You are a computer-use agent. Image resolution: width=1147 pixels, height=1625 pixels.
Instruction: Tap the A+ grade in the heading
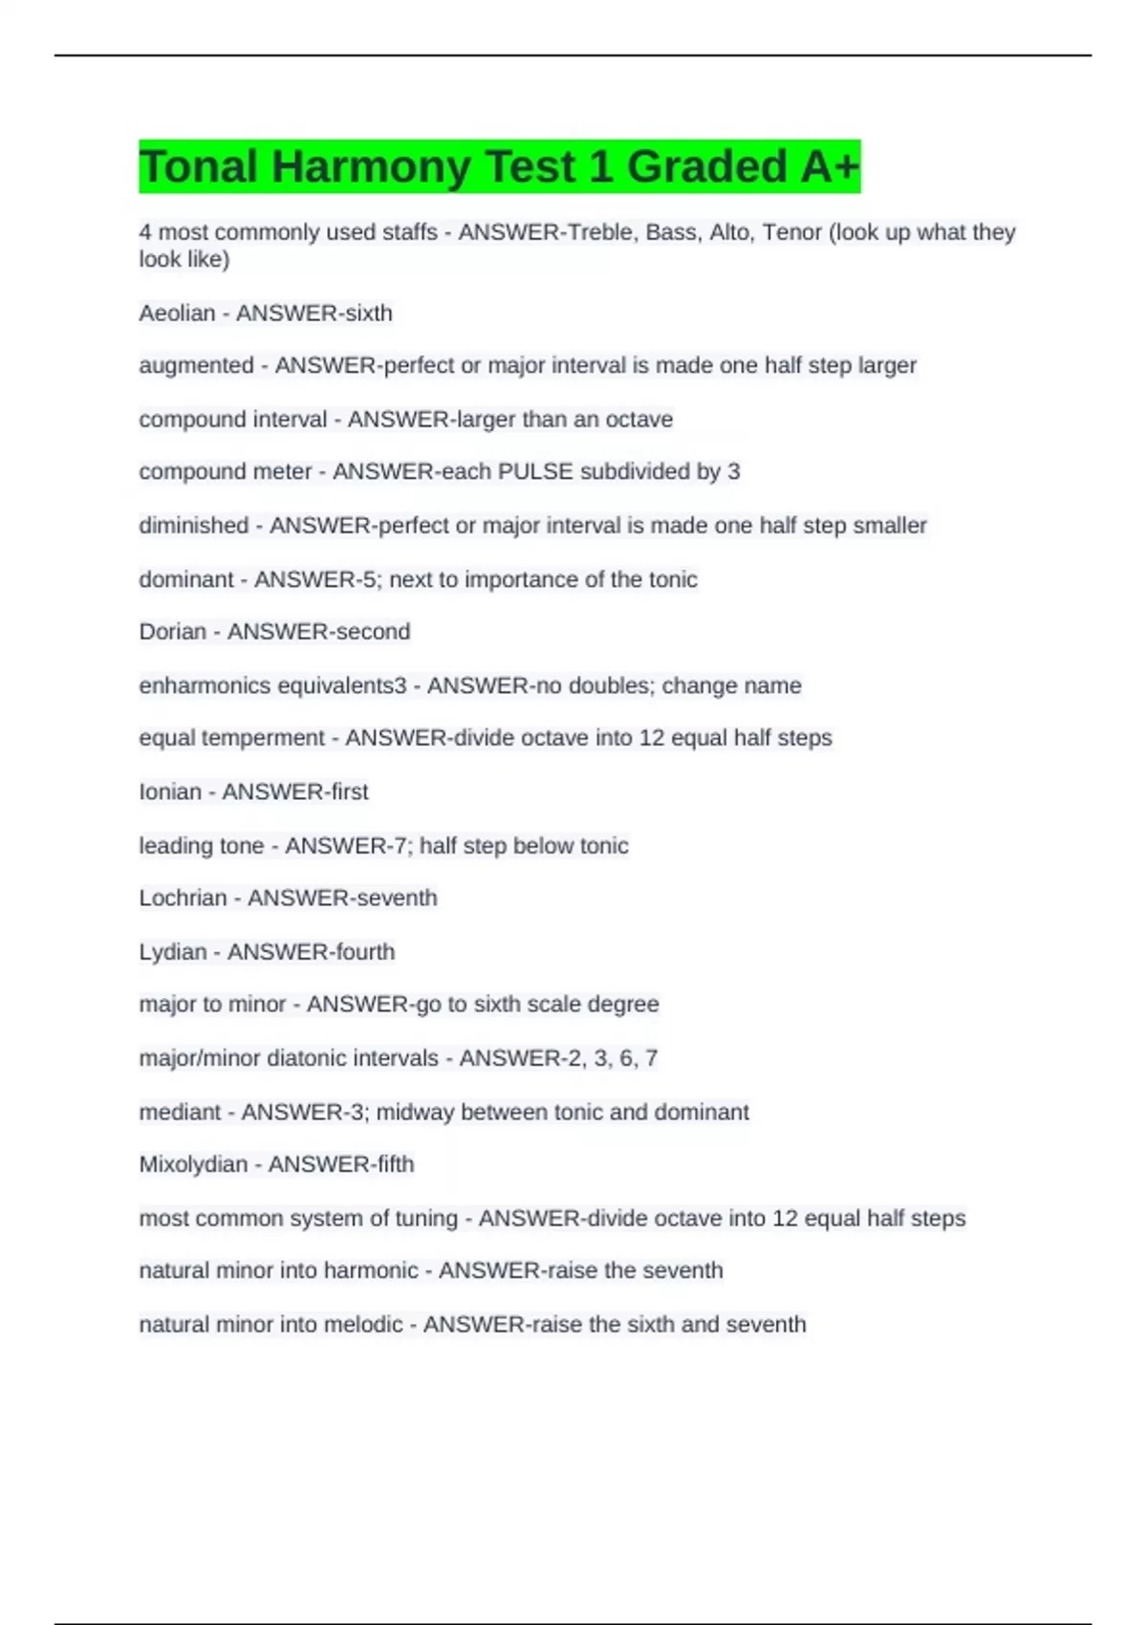[830, 167]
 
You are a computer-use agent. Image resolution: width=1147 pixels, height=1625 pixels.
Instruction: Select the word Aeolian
[177, 314]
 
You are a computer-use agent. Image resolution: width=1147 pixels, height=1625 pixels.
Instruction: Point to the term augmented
[196, 366]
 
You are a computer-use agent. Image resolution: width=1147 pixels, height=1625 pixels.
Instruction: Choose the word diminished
[193, 526]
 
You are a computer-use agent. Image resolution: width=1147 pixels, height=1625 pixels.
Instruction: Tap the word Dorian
[172, 632]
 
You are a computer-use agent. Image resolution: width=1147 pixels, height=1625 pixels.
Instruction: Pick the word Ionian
[170, 792]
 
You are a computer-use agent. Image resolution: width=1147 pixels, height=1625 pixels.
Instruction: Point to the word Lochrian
[183, 899]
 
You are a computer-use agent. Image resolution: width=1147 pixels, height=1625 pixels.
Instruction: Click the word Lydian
[172, 952]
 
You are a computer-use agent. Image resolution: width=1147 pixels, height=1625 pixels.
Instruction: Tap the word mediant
[180, 1113]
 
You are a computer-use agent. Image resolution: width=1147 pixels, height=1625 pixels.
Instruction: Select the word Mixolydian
[193, 1164]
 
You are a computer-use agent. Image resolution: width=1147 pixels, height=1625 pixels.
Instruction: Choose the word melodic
[363, 1325]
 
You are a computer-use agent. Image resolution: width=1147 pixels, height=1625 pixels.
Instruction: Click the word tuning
[426, 1219]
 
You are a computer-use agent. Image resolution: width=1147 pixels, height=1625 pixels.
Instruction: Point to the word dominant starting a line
[185, 579]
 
